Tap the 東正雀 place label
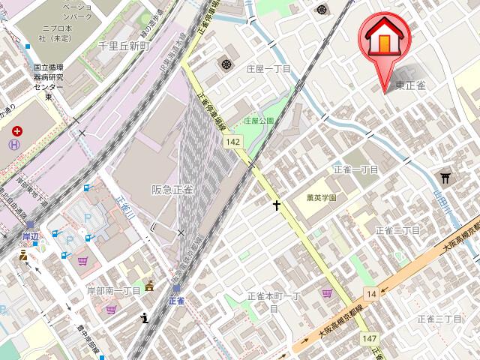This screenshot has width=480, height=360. pos(411,85)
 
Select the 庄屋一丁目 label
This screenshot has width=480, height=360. pos(268,68)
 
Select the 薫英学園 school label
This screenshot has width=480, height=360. pos(321,198)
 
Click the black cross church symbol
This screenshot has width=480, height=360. pos(277,204)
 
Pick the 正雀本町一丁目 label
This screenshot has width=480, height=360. pos(273,301)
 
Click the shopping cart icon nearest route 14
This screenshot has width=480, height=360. pos(327,293)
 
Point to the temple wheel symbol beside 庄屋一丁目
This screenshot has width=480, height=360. pos(226,64)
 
